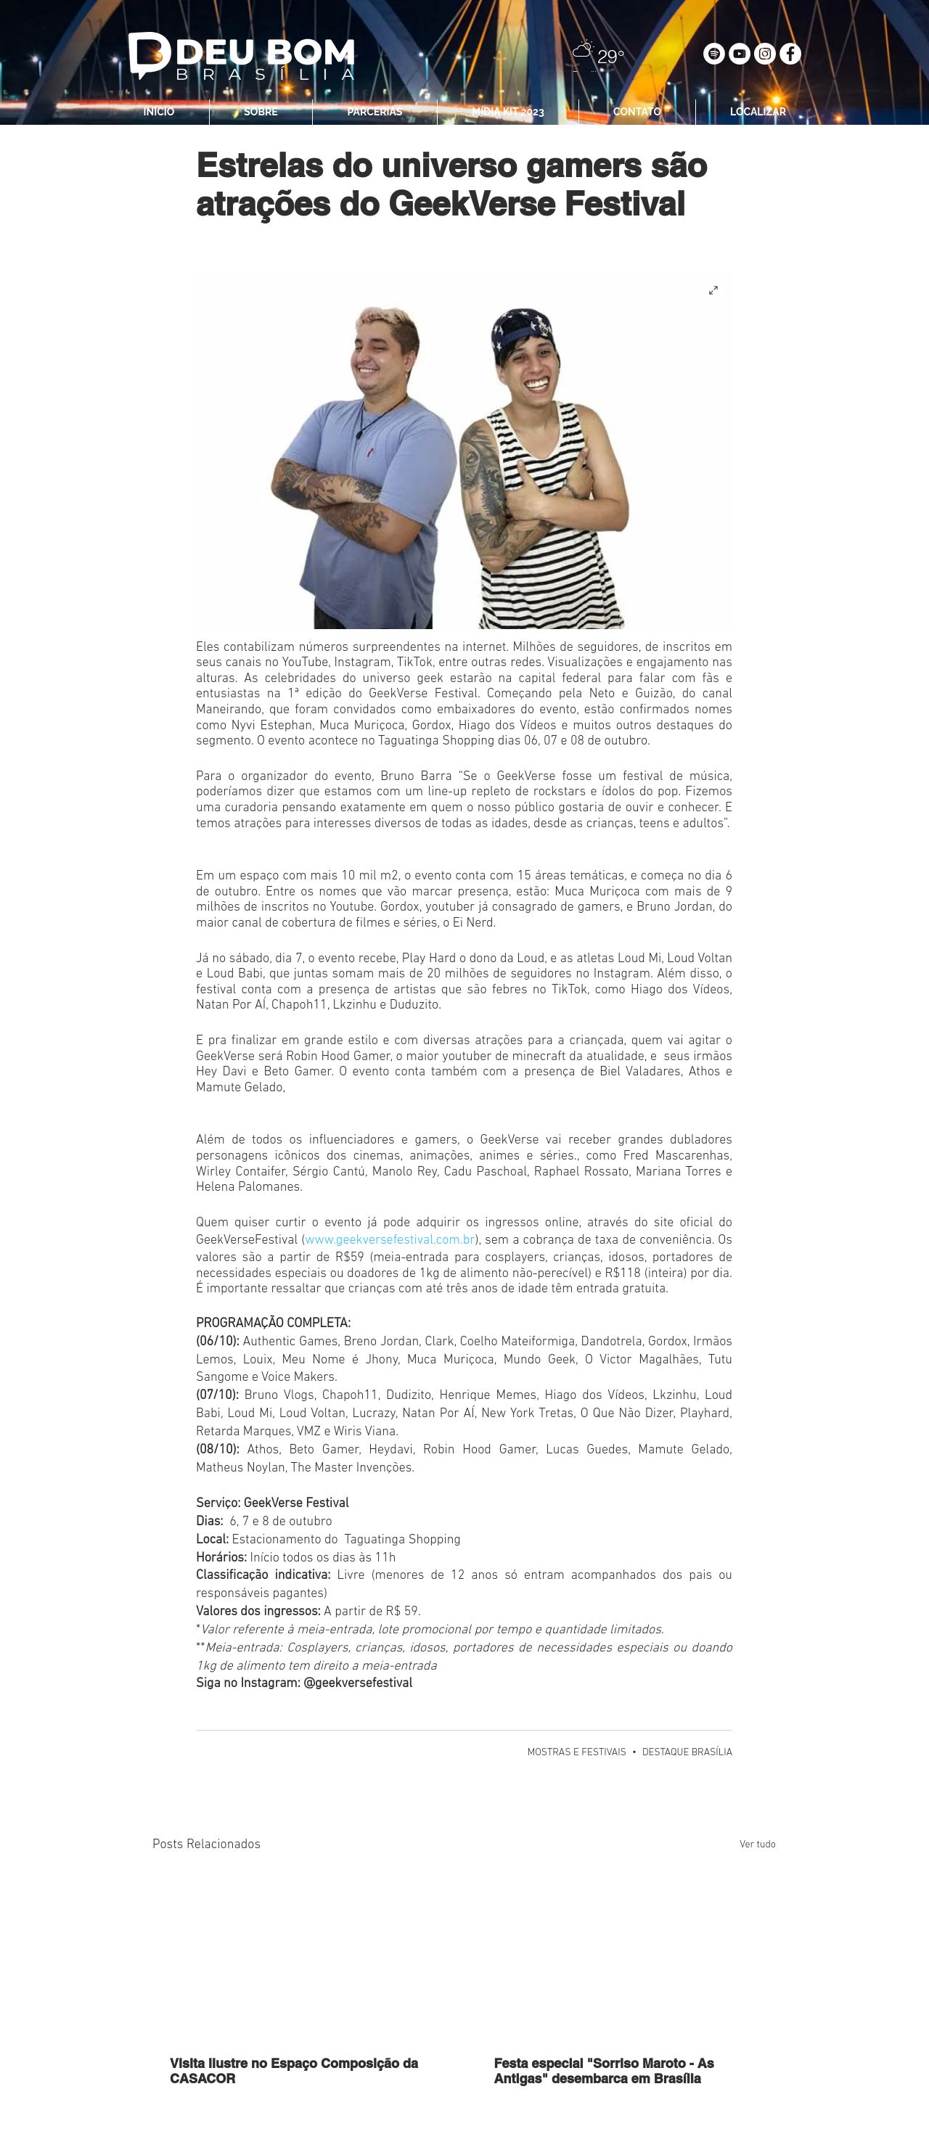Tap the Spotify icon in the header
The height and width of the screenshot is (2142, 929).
point(713,54)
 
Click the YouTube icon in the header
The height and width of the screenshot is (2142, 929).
point(740,54)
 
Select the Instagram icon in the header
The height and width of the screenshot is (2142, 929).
point(765,54)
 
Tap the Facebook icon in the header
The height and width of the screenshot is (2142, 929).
point(790,54)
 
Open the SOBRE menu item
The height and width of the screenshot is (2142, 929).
point(261,112)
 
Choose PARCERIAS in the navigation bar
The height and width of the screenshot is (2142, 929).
point(375,112)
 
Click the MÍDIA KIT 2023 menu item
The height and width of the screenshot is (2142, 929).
point(507,112)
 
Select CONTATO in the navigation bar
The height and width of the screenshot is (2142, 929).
point(637,112)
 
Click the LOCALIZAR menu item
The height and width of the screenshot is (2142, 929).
point(758,112)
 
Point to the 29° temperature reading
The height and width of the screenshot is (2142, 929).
point(610,57)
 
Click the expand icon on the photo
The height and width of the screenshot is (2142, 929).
point(713,290)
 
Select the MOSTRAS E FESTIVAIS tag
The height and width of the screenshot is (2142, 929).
point(576,1752)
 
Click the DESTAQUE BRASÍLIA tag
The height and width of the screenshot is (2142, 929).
point(687,1752)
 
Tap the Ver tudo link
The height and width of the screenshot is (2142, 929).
point(757,1844)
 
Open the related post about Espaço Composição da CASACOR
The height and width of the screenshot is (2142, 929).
point(294,2070)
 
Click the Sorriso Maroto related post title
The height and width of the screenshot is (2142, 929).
point(603,2070)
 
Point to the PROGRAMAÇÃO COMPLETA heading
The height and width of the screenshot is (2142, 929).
point(273,1323)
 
